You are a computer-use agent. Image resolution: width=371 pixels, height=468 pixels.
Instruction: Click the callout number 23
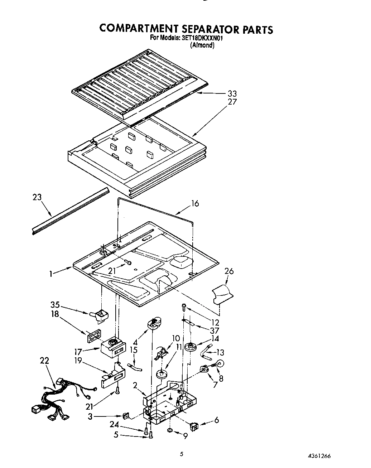click(37, 197)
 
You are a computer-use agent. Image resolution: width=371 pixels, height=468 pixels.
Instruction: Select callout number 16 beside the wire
click(195, 204)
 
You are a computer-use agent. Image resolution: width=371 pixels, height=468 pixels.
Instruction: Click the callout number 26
click(229, 271)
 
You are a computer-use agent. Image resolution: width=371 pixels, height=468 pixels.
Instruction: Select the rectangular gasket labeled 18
click(93, 336)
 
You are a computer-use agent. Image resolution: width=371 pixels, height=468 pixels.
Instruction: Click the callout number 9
click(185, 436)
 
